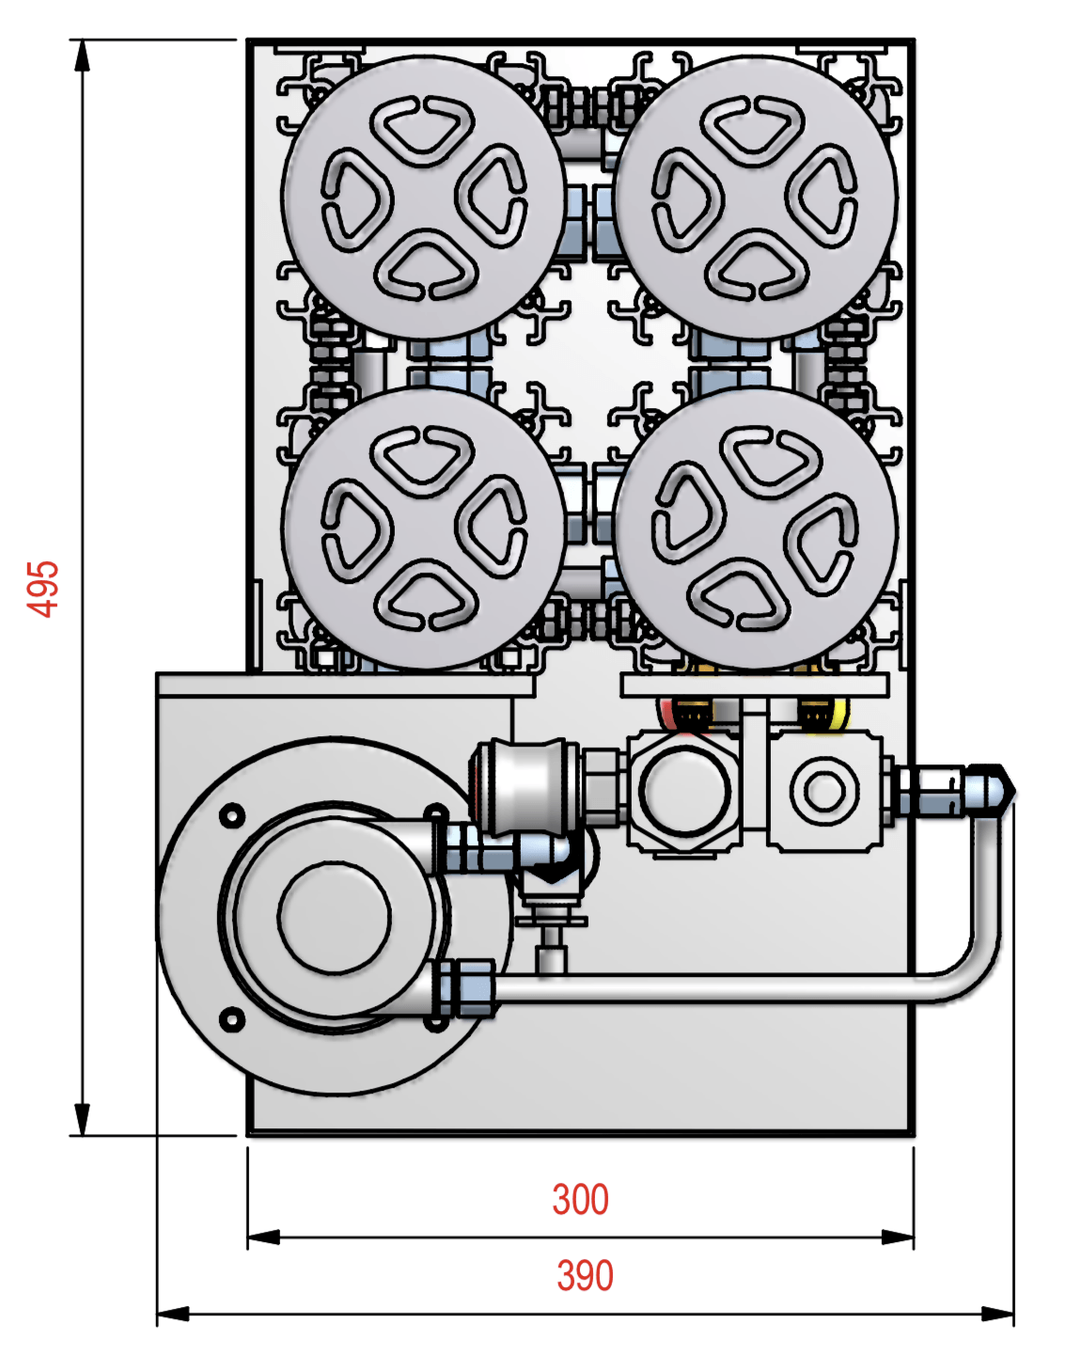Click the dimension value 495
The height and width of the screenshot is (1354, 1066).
[43, 589]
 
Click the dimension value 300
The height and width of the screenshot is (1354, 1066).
[580, 1200]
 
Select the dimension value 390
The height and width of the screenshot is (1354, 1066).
[585, 1276]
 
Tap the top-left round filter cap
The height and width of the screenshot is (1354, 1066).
[424, 198]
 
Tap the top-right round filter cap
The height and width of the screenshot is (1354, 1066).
[755, 198]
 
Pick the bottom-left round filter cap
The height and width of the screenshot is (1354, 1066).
[424, 529]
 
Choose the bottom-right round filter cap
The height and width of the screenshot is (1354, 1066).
[755, 529]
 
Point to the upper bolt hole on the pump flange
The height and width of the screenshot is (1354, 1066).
[231, 816]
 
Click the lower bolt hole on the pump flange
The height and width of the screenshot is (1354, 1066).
[231, 1019]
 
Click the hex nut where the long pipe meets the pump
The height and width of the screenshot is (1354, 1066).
[465, 988]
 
